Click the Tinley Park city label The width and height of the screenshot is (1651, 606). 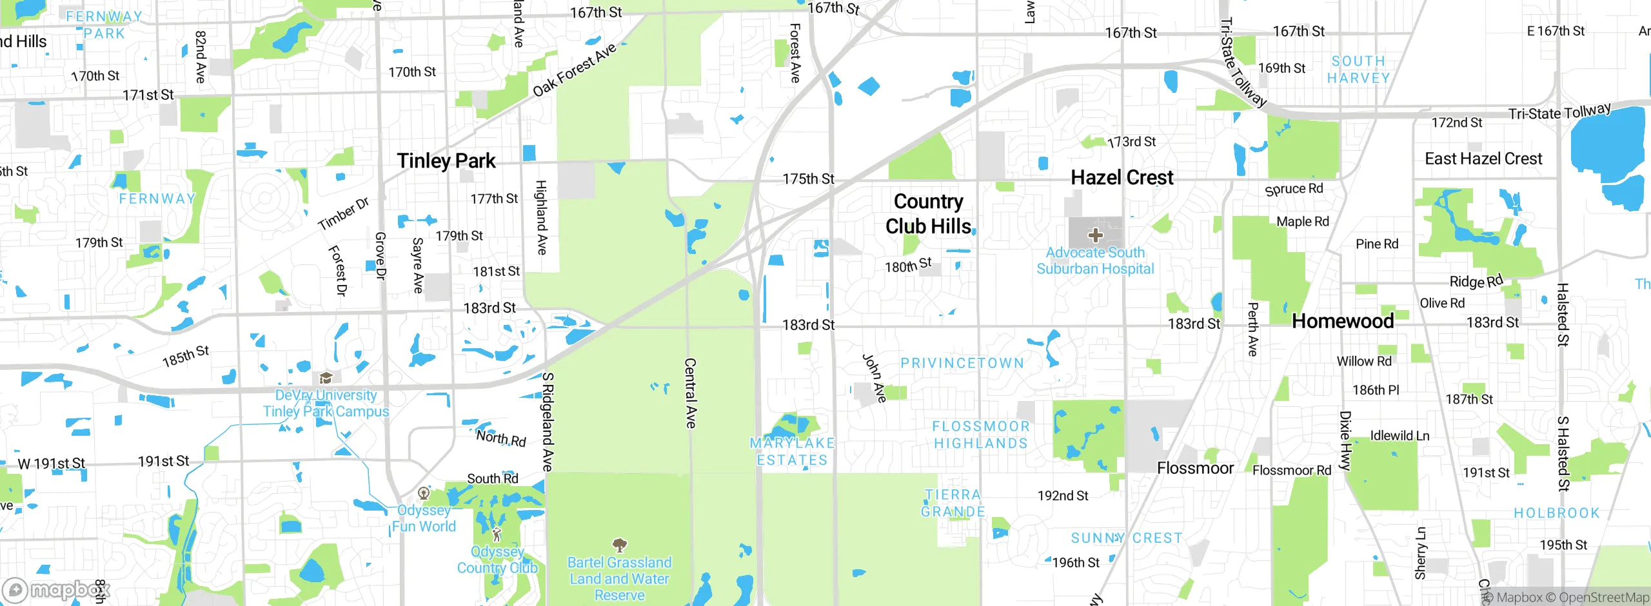(x=446, y=161)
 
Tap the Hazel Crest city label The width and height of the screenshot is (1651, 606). (x=1122, y=177)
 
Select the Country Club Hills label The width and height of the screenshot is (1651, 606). (x=928, y=214)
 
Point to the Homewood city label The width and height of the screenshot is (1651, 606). (x=1343, y=321)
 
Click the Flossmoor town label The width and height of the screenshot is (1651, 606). (x=1195, y=468)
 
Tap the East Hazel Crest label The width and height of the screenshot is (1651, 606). (x=1483, y=159)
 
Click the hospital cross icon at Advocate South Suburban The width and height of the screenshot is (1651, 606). (x=1095, y=235)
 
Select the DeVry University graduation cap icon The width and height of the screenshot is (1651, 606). (x=326, y=378)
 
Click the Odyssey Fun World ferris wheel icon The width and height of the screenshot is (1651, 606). (x=424, y=494)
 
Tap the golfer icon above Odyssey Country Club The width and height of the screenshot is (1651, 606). (x=497, y=534)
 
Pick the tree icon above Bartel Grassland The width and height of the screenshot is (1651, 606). (x=619, y=545)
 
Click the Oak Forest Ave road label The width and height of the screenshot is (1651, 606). (x=575, y=70)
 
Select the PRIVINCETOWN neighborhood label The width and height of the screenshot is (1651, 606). (x=962, y=364)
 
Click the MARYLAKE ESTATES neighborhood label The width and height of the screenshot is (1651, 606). (x=792, y=451)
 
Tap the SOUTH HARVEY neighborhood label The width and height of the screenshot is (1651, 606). (x=1358, y=70)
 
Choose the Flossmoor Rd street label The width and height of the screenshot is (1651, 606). (x=1291, y=471)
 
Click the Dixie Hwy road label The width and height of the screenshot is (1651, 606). (x=1345, y=441)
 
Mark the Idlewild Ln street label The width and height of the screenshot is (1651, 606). (x=1399, y=436)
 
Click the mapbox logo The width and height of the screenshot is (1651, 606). (x=57, y=590)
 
